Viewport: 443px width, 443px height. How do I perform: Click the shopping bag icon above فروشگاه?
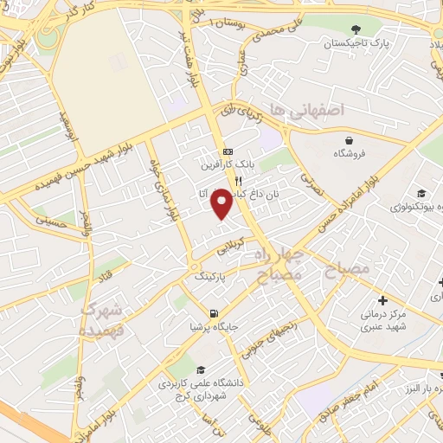[x=348, y=139]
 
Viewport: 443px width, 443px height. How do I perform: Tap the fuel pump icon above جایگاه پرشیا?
[x=213, y=312]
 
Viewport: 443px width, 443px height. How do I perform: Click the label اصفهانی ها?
[x=306, y=110]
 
